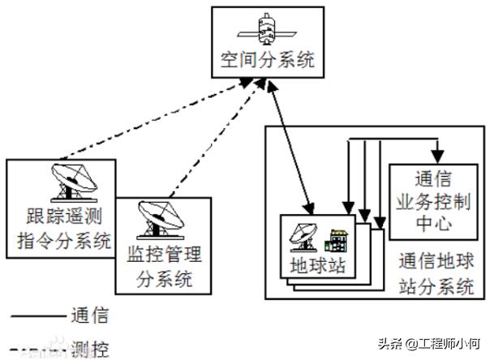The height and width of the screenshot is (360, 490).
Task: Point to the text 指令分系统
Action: tap(61, 241)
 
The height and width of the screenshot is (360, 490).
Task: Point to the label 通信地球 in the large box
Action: tap(436, 263)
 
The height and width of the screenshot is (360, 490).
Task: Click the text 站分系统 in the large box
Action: tap(436, 285)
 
